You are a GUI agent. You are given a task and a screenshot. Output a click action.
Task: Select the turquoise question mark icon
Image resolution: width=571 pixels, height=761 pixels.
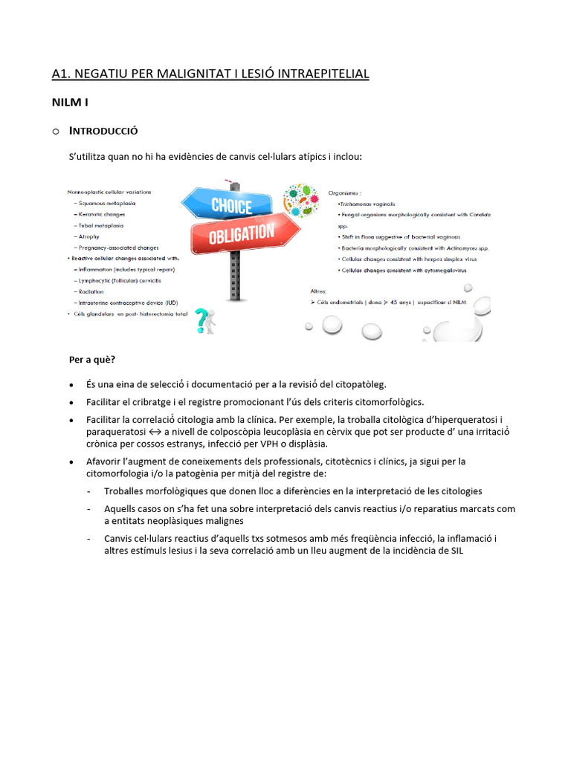(200, 321)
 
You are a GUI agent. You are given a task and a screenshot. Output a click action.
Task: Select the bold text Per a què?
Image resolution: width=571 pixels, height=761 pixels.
(92, 360)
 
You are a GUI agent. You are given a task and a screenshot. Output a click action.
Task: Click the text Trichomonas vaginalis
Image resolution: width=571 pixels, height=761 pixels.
(368, 203)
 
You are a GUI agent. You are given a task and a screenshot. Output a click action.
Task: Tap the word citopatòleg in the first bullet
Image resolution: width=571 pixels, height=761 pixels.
(362, 384)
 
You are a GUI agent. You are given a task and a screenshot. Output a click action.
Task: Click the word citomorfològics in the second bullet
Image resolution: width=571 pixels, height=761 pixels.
(387, 402)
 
